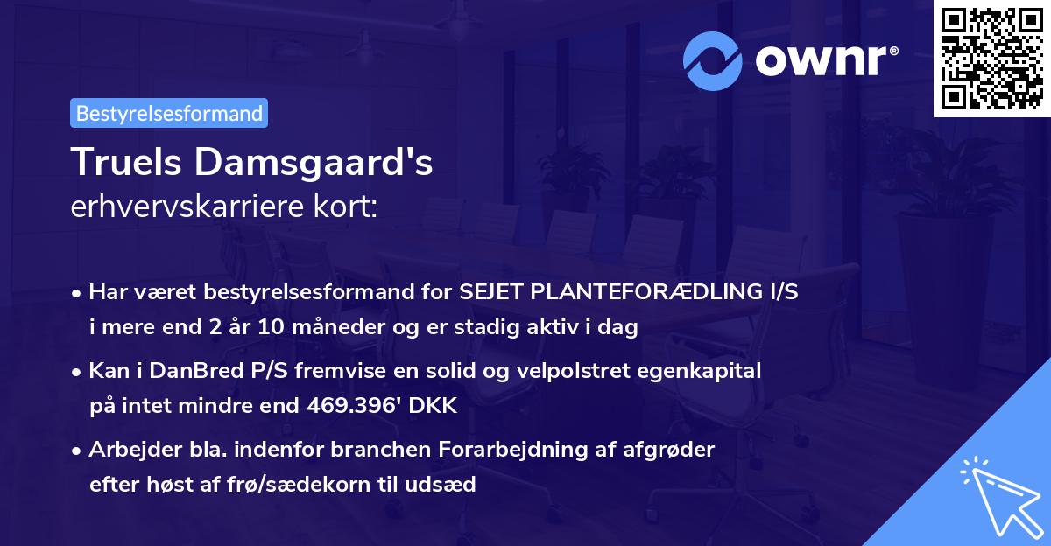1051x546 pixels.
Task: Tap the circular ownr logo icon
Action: (x=714, y=59)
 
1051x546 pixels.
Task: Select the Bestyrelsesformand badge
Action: (x=169, y=113)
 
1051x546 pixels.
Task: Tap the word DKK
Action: (x=434, y=406)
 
